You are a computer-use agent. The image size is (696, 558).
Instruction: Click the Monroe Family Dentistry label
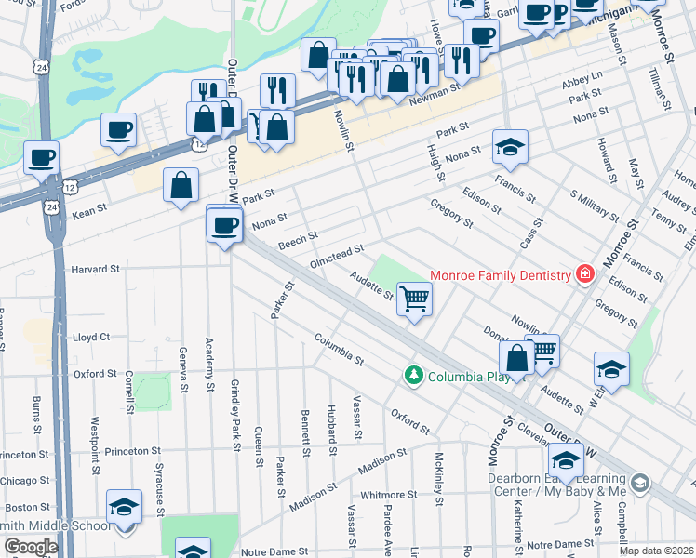(x=500, y=275)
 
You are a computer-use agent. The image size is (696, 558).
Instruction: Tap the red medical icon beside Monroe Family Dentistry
(x=584, y=274)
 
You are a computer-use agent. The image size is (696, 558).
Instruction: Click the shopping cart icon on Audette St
(x=414, y=299)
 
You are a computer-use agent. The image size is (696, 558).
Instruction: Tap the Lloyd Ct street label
(x=91, y=337)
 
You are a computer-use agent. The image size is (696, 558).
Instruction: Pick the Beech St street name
(x=298, y=241)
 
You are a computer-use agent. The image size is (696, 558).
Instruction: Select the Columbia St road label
(x=338, y=349)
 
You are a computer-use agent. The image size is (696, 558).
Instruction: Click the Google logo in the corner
(x=31, y=547)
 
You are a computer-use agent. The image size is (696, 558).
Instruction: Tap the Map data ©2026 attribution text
(x=655, y=551)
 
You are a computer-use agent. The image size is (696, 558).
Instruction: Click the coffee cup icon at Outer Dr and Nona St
(x=224, y=226)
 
